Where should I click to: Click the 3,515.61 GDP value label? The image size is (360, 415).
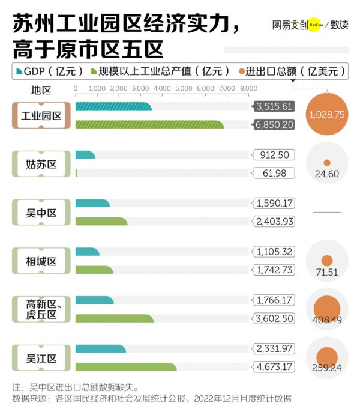(x=274, y=106)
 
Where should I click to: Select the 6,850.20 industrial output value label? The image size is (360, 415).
(x=274, y=125)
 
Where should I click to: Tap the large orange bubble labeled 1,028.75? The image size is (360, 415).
(x=326, y=114)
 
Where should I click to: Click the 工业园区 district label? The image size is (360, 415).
(x=41, y=115)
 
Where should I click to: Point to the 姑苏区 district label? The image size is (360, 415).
(x=41, y=164)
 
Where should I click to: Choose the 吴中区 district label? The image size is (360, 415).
(x=41, y=213)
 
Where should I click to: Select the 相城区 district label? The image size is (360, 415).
(x=41, y=261)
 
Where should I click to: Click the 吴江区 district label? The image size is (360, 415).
(x=41, y=359)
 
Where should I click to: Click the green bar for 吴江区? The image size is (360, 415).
(x=126, y=367)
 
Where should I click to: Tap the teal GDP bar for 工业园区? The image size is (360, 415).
(x=113, y=106)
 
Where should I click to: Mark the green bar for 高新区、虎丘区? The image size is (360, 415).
(x=115, y=318)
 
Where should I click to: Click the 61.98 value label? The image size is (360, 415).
(x=274, y=174)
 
